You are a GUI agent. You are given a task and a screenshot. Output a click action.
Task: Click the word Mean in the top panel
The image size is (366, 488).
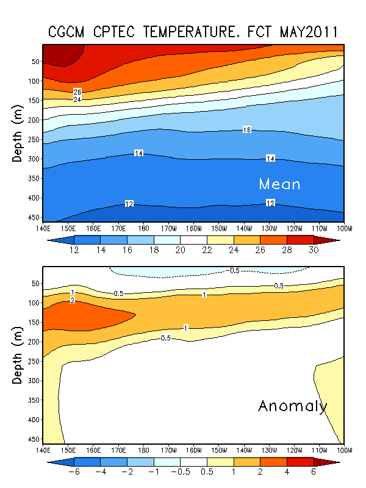pyautogui.click(x=279, y=184)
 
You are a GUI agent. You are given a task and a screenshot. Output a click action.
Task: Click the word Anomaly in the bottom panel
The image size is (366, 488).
pyautogui.click(x=293, y=406)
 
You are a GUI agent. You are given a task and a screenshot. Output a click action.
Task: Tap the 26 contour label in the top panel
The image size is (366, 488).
pyautogui.click(x=77, y=91)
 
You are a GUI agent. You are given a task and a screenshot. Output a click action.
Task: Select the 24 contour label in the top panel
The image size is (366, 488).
pyautogui.click(x=77, y=99)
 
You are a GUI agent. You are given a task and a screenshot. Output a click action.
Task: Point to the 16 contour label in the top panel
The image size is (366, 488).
pyautogui.click(x=247, y=130)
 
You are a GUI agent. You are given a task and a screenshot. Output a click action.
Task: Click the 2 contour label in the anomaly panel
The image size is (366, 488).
pyautogui.click(x=73, y=300)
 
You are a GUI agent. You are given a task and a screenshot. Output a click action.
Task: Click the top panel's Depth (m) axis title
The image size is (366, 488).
pyautogui.click(x=18, y=133)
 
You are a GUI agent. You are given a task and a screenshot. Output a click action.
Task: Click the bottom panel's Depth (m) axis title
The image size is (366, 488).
pyautogui.click(x=18, y=354)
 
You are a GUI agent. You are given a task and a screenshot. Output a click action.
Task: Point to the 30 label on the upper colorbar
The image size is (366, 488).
pyautogui.click(x=314, y=250)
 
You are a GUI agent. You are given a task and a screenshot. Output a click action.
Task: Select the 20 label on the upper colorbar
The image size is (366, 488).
pyautogui.click(x=181, y=250)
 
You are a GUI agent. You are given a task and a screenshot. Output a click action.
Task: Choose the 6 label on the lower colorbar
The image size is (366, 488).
pyautogui.click(x=314, y=472)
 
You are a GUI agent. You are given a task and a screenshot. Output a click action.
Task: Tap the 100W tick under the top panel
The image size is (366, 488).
pyautogui.click(x=344, y=228)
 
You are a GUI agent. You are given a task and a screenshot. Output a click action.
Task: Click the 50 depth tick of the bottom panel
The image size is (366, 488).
pyautogui.click(x=35, y=283)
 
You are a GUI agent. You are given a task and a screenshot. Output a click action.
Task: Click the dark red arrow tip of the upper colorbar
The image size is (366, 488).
pyautogui.click(x=333, y=240)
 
